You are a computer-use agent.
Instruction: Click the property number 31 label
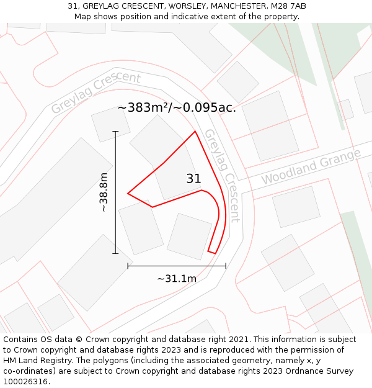click(x=193, y=179)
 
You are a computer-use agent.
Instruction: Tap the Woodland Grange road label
click(x=311, y=166)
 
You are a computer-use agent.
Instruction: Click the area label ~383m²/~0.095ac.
click(x=177, y=107)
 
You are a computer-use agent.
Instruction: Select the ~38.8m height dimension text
click(x=104, y=192)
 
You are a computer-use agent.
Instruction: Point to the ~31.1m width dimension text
click(x=177, y=279)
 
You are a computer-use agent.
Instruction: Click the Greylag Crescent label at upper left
click(x=95, y=92)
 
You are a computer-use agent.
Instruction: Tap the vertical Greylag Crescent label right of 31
click(x=221, y=175)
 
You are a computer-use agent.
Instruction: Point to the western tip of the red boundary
click(x=128, y=194)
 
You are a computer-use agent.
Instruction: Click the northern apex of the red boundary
click(x=195, y=131)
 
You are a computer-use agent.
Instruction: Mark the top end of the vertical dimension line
click(x=115, y=132)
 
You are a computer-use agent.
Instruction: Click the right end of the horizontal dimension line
click(x=226, y=266)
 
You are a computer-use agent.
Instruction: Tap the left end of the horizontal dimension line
click(x=128, y=266)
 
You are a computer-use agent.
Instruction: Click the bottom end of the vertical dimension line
click(x=115, y=253)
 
